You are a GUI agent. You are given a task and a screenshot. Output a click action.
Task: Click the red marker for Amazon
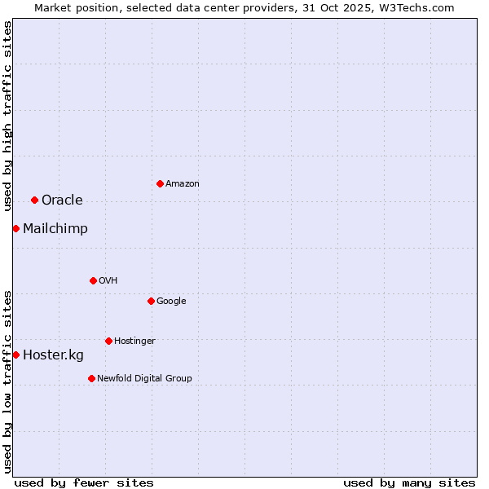pos(160,183)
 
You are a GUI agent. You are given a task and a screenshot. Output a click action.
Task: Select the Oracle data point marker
pos(34,200)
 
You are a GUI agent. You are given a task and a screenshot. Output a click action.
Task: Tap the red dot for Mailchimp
pos(15,228)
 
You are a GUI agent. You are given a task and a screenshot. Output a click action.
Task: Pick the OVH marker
pos(93,280)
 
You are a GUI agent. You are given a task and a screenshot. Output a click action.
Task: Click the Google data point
pos(151,301)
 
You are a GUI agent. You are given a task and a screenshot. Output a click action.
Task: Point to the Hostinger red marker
pos(108,341)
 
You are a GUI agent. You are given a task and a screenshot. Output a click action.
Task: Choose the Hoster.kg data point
pos(15,355)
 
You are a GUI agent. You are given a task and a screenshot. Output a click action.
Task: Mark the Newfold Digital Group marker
pos(91,378)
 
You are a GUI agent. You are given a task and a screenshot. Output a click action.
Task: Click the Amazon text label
pos(183,184)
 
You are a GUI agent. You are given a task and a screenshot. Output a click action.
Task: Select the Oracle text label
pos(62,200)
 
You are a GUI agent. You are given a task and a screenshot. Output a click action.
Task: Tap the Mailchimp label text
pos(55,229)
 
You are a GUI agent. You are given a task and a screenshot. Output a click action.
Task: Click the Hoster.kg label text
pos(53,355)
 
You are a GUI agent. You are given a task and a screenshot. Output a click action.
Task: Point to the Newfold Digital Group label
pos(144,378)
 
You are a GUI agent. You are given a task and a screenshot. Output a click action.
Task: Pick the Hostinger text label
pos(134,341)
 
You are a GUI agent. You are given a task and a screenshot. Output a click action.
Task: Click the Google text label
pos(171,302)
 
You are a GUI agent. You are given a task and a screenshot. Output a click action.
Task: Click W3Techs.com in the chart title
pos(416,7)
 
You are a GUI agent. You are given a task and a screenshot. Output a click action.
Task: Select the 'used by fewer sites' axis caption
pos(84,482)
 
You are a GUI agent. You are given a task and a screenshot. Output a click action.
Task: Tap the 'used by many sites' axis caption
pos(409,482)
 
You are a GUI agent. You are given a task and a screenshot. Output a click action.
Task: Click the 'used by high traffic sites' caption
pos(7,116)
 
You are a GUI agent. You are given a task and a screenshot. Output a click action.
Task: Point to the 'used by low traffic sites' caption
pos(7,381)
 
